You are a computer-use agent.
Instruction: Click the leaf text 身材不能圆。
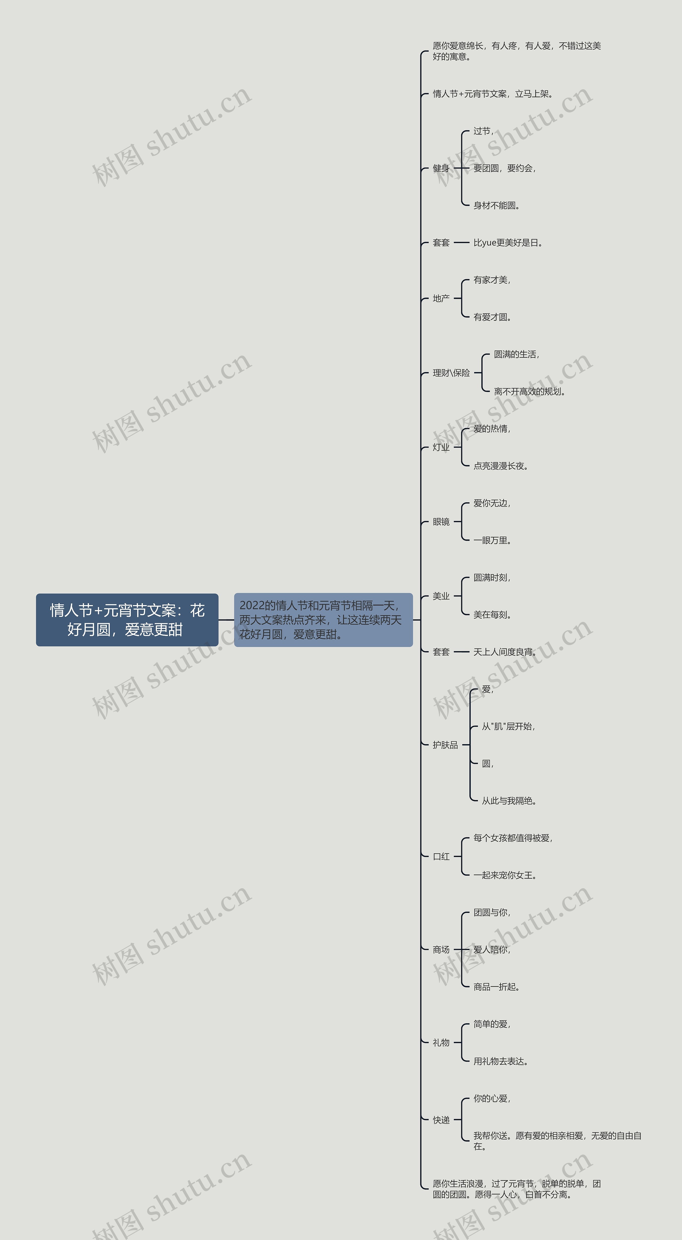[496, 206]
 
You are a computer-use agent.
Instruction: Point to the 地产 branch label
[441, 299]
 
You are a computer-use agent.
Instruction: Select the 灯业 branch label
[441, 447]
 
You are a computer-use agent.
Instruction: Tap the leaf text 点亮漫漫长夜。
[500, 466]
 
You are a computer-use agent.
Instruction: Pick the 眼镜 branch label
[441, 522]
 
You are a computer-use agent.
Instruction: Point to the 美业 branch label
[441, 596]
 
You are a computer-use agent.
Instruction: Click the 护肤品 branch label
[445, 745]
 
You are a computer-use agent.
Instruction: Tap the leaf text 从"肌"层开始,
[508, 726]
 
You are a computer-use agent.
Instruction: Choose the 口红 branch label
[441, 856]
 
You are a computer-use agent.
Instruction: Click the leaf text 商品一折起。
[496, 987]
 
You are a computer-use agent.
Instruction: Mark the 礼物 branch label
[441, 1043]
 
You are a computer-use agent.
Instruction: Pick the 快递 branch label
[441, 1120]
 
